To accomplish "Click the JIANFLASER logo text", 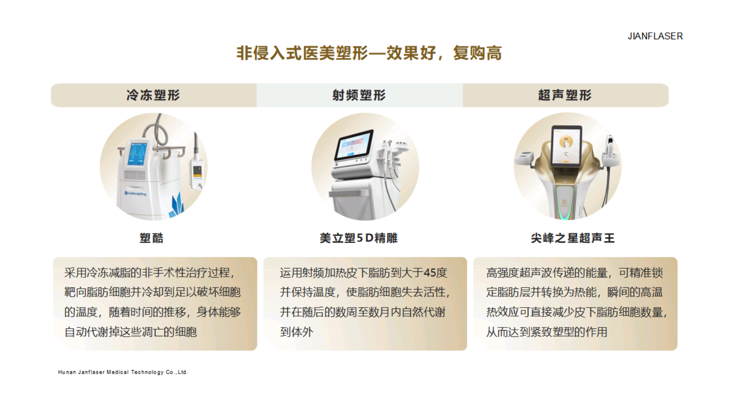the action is click(655, 36).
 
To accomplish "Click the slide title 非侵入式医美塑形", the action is click(302, 53).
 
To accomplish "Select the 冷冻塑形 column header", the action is click(153, 95).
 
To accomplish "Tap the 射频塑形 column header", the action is click(359, 95).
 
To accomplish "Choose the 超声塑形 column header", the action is click(565, 95).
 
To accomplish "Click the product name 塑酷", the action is click(151, 238).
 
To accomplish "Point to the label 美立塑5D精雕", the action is click(359, 238).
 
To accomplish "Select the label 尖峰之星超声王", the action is click(573, 238).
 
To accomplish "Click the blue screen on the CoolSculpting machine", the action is click(138, 154).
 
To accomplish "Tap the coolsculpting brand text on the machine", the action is click(136, 193).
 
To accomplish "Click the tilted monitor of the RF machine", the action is click(354, 145).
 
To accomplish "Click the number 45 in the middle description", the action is click(430, 273).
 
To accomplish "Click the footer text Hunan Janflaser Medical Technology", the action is click(123, 372).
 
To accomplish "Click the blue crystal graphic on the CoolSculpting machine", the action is click(176, 206).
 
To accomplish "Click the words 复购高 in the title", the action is click(477, 53).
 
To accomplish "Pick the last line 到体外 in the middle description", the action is click(297, 332).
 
